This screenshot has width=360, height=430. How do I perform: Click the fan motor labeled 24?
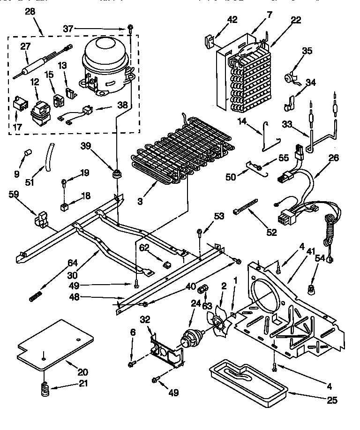point(192,337)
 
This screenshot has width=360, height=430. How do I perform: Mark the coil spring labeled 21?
point(45,389)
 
